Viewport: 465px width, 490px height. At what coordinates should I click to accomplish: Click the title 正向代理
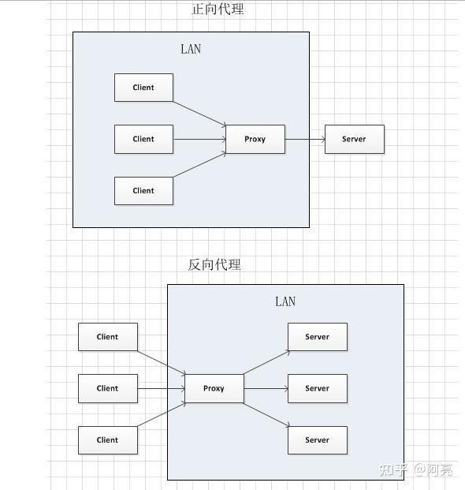[218, 9]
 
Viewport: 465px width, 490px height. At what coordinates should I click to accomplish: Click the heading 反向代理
[214, 264]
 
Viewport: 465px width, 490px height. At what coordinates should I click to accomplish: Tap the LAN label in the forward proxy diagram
[191, 49]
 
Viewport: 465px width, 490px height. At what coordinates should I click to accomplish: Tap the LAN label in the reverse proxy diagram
[285, 301]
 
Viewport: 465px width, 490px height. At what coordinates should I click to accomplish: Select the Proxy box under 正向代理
[255, 139]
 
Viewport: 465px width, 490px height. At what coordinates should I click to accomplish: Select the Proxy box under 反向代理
[214, 388]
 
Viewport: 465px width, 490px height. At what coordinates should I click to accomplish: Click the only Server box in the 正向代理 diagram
[355, 139]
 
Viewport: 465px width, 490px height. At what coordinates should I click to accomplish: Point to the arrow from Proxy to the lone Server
[305, 139]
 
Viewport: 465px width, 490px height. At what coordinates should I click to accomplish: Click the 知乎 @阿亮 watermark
[415, 469]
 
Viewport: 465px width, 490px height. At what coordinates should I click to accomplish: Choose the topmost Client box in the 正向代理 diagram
[143, 88]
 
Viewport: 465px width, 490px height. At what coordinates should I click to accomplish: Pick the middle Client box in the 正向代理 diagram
[143, 139]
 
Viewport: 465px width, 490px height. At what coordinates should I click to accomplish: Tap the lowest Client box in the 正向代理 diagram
[143, 191]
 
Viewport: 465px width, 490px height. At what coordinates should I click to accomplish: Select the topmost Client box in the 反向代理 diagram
[108, 337]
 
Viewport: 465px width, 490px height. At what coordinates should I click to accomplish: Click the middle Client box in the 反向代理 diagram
[108, 388]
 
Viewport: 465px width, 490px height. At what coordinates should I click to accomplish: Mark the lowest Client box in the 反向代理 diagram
[108, 440]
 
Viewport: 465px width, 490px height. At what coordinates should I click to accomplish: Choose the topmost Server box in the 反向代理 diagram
[318, 337]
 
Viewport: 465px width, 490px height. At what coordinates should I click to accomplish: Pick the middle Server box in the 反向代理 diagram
[318, 388]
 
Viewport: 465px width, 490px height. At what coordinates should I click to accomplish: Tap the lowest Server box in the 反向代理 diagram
[318, 440]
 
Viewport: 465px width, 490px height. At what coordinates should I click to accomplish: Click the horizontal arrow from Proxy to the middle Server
[266, 388]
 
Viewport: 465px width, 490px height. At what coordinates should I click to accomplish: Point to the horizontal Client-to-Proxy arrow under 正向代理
[199, 139]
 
